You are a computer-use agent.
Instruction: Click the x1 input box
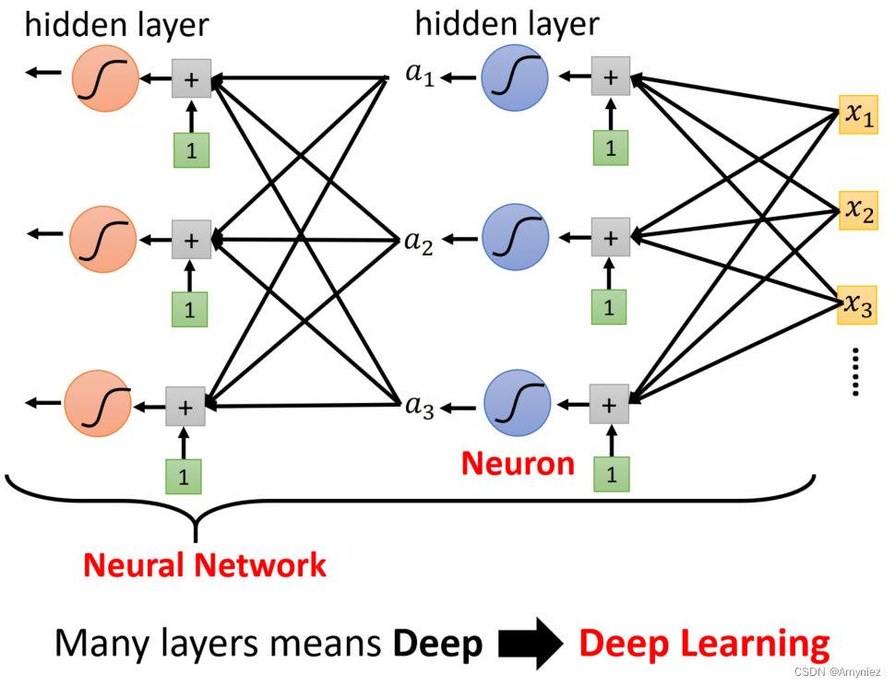(857, 114)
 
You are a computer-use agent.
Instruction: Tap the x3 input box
(857, 305)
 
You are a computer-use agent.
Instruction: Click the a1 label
(419, 76)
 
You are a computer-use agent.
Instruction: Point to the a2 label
(419, 242)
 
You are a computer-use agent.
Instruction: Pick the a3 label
(419, 407)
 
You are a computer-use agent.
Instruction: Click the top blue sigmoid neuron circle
(515, 77)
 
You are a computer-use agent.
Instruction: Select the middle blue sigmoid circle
(515, 238)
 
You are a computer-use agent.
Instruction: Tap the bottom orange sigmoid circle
(98, 403)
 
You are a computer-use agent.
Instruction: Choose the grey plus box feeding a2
(610, 238)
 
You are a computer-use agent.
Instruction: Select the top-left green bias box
(192, 150)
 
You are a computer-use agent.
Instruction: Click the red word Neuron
(518, 463)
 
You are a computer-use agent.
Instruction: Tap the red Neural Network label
(205, 564)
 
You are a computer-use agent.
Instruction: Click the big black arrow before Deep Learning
(531, 642)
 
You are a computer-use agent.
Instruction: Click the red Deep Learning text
(704, 643)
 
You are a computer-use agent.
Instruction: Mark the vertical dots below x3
(856, 372)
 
